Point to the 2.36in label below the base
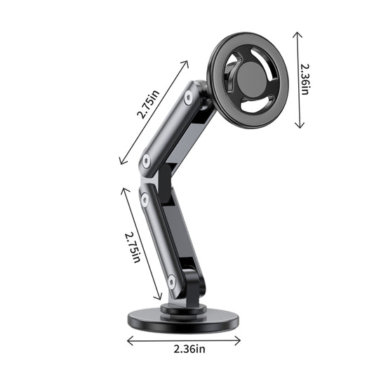pos(185,349)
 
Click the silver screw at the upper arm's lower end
pos(146,161)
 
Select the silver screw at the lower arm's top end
pos(144,200)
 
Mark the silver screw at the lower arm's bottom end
pos(172,281)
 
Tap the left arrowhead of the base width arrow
pos(128,341)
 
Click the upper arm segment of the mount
pos(168,131)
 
